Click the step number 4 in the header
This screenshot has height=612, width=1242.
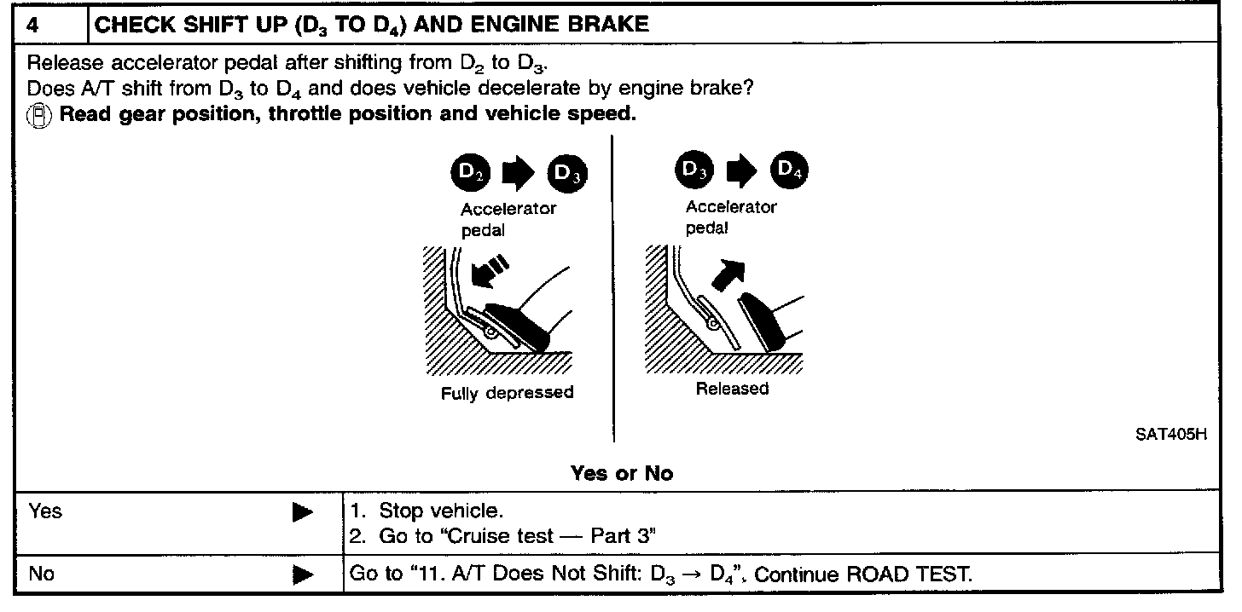(32, 25)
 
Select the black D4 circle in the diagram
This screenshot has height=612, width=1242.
(789, 172)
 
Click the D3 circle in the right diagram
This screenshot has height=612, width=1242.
(691, 172)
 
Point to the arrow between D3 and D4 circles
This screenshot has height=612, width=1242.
(740, 172)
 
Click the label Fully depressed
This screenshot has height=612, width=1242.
(507, 393)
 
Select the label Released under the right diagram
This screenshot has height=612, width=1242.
(732, 389)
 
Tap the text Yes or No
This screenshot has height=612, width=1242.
(621, 473)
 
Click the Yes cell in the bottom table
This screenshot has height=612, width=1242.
(45, 511)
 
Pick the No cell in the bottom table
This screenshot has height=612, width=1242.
(41, 574)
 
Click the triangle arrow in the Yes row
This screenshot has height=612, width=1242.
(302, 512)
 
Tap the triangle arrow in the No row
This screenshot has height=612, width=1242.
(302, 575)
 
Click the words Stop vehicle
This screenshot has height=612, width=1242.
(441, 511)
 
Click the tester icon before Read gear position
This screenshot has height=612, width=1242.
(39, 114)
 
